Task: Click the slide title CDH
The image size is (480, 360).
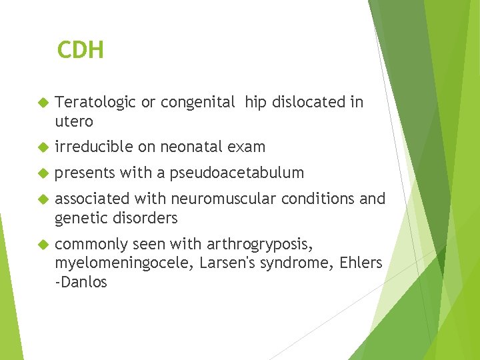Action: [x=80, y=50]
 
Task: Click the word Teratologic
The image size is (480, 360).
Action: [x=95, y=102]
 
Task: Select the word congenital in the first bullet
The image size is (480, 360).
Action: [x=198, y=103]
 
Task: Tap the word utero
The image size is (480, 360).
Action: [x=74, y=121]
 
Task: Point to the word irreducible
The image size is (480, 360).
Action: [x=95, y=147]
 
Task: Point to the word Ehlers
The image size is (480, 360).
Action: [x=361, y=263]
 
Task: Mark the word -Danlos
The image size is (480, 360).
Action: [x=81, y=282]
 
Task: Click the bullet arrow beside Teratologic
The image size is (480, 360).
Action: [x=41, y=103]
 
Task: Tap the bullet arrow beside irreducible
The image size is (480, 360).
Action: [x=41, y=147]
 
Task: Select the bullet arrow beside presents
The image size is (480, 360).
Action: [x=41, y=173]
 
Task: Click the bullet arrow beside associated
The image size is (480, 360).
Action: [x=41, y=199]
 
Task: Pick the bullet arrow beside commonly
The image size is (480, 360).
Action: [x=41, y=244]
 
